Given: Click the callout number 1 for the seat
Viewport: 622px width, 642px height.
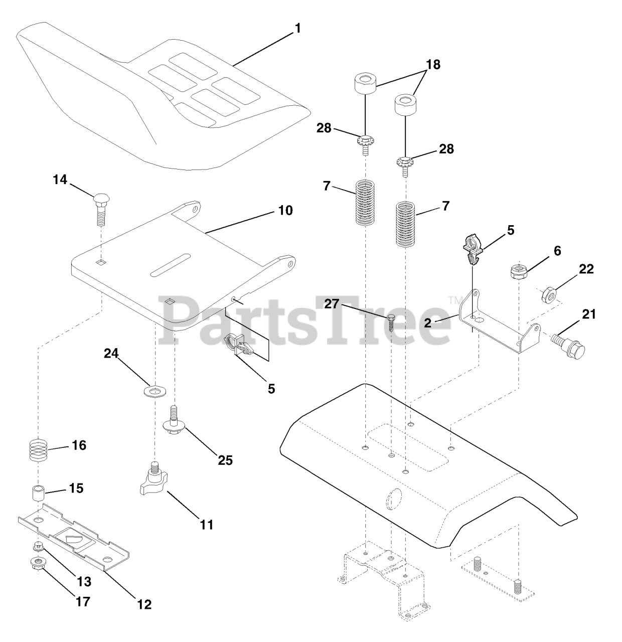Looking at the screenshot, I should point(297,28).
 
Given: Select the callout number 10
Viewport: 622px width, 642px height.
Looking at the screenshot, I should point(285,211).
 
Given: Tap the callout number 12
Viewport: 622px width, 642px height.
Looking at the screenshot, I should point(144,604).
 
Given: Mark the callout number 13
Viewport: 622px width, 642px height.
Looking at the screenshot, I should point(84,581).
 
